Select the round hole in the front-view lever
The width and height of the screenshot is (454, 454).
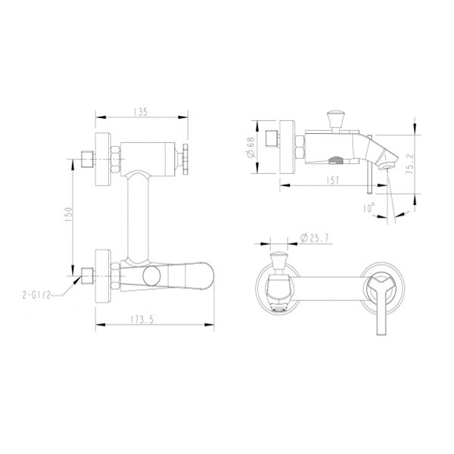click(x=152, y=273)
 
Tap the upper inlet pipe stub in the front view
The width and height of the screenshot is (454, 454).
click(x=86, y=161)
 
